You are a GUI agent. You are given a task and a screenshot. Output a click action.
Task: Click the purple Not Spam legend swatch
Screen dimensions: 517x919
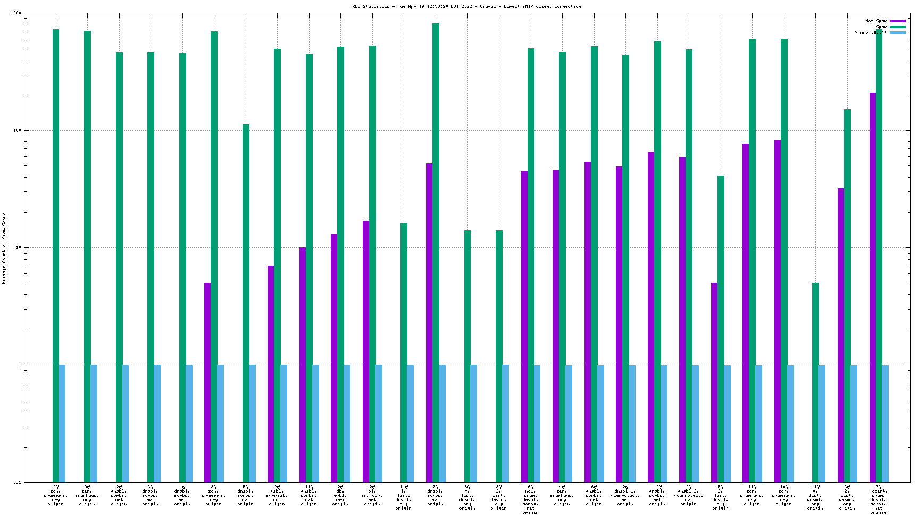coord(898,21)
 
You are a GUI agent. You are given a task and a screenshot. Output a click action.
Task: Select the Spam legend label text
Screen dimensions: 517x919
coord(881,27)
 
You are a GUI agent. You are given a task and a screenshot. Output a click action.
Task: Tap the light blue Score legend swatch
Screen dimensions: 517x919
coord(898,32)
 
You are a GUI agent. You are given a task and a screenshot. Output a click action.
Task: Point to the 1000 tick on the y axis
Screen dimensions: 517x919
coord(16,13)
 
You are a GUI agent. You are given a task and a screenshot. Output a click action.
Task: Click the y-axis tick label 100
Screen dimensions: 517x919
coord(17,130)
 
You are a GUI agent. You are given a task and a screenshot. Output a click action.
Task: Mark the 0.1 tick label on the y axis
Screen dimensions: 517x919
coord(17,482)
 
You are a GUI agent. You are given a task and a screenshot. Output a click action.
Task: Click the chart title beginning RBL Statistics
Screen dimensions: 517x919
coord(466,6)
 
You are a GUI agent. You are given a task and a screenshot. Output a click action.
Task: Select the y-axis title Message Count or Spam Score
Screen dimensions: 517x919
coord(4,248)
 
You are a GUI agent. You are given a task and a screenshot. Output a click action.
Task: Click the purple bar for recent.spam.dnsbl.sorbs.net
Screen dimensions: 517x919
coord(872,287)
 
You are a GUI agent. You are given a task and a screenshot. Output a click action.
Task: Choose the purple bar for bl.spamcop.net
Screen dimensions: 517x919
coord(366,351)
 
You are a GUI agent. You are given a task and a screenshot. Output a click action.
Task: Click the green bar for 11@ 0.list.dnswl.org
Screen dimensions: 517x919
coord(815,383)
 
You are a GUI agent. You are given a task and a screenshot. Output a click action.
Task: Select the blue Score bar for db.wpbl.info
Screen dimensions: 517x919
coord(347,423)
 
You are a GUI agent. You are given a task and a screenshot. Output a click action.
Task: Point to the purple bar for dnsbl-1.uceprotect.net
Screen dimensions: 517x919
coord(619,324)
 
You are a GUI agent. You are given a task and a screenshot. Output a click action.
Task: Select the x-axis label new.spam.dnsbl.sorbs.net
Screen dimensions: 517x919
coord(530,499)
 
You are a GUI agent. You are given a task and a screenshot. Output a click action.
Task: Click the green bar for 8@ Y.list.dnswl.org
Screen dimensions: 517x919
coord(467,356)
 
